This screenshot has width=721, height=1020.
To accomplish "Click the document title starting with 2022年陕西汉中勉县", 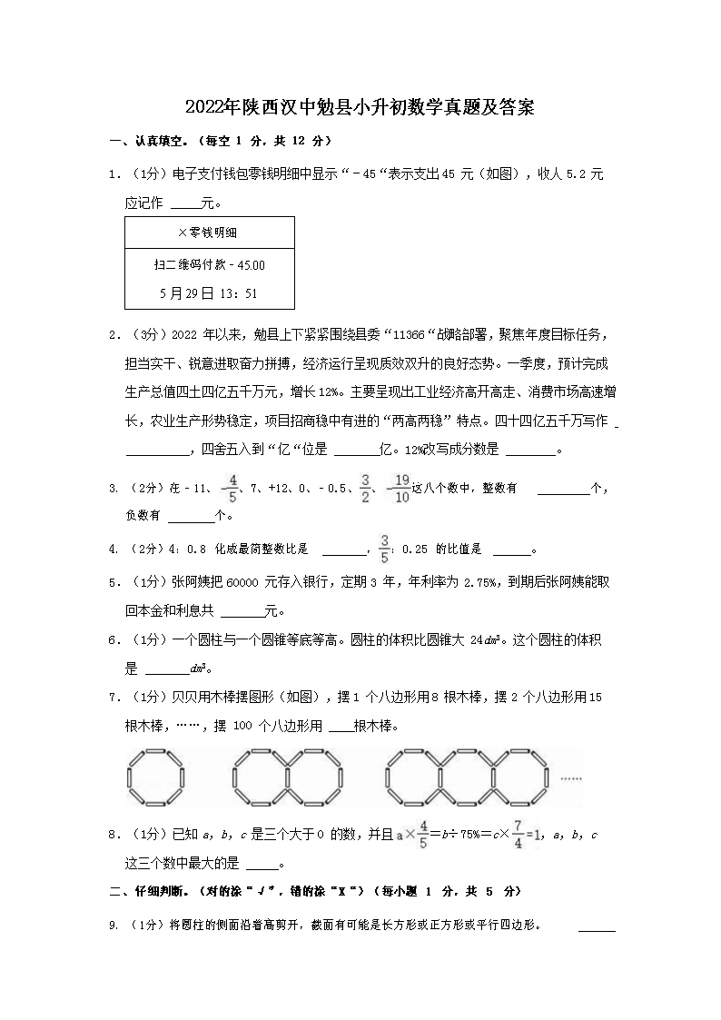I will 360,107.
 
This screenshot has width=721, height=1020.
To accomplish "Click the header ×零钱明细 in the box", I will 208,233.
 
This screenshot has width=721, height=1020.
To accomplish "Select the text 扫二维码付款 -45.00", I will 210,264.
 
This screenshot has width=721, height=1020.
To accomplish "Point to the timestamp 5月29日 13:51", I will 209,293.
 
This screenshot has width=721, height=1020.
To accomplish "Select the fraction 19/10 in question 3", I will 400,488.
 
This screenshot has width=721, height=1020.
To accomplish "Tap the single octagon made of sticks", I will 153,777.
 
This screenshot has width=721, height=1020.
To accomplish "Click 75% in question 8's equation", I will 471,835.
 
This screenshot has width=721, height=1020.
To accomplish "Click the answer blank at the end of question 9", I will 597,927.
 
